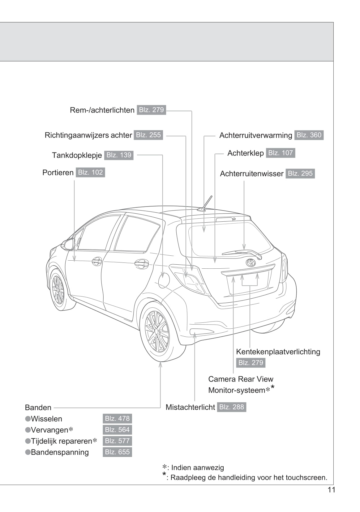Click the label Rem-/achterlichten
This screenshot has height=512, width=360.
102,110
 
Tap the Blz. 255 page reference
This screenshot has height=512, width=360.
148,135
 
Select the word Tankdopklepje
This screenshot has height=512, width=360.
77,155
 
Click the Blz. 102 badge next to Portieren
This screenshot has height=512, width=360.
90,173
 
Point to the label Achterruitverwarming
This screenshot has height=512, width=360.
255,135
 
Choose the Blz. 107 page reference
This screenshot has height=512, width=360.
280,153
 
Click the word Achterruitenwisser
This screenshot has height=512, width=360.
251,174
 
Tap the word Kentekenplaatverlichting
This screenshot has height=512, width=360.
278,352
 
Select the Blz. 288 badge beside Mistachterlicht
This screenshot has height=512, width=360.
231,407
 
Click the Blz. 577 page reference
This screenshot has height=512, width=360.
117,441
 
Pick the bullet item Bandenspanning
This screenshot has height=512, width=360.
60,452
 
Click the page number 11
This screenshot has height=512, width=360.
331,490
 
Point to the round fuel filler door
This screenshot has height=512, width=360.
164,280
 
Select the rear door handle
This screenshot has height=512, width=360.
142,264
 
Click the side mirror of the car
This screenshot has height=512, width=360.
69,244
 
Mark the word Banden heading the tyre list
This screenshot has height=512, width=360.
38,407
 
